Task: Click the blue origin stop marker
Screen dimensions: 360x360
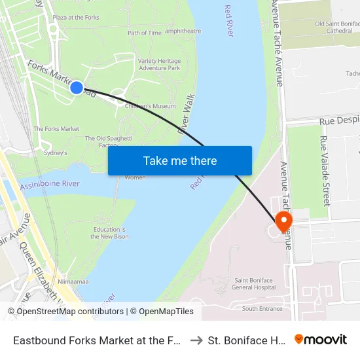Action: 77,87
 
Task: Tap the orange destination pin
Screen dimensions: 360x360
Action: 284,221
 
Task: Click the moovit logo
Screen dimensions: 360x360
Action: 321,340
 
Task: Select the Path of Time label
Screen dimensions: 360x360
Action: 145,33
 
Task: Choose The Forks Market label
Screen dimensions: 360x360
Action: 56,129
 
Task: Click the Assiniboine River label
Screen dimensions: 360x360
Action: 50,185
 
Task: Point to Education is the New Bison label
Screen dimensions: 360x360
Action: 109,233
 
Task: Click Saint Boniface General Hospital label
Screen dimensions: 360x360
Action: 254,283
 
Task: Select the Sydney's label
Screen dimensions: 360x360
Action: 55,153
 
